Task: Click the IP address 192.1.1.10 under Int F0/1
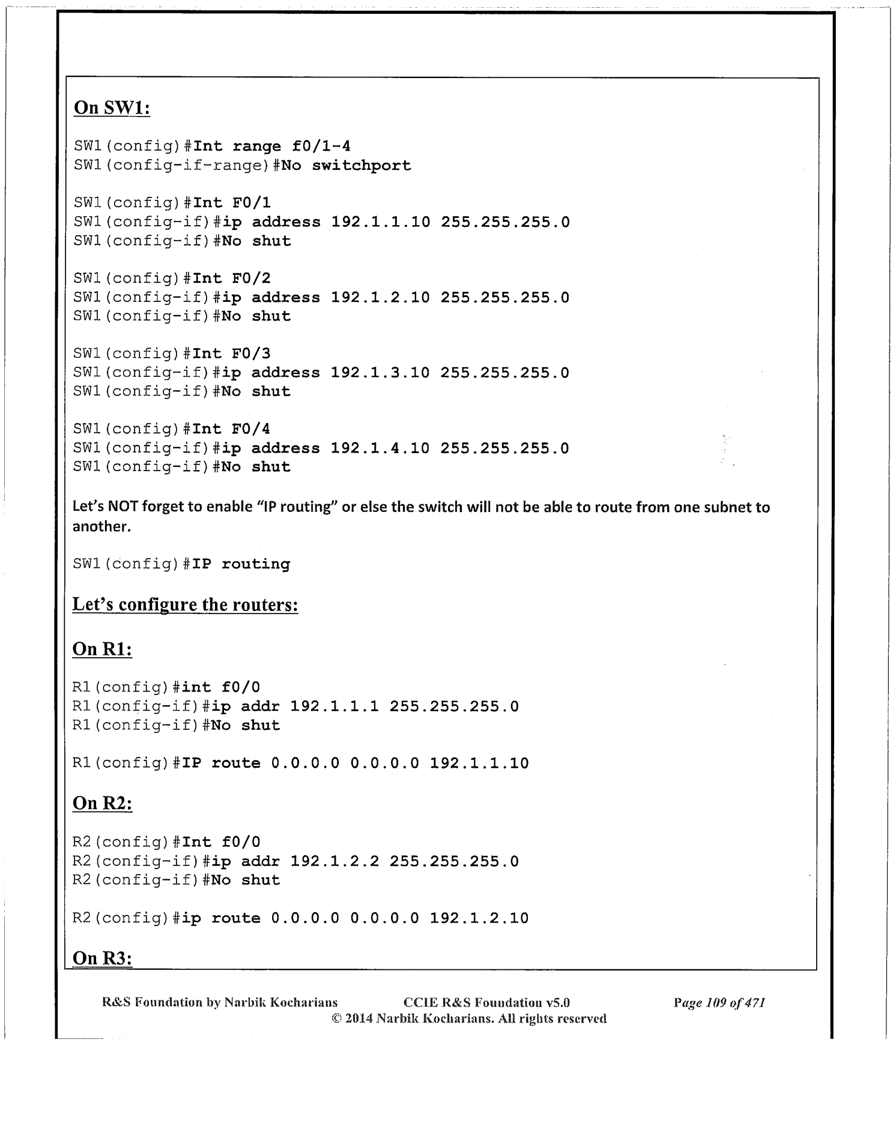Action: pyautogui.click(x=381, y=222)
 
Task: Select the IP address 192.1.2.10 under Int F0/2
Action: pyautogui.click(x=381, y=298)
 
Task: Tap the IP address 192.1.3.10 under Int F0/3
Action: pyautogui.click(x=381, y=373)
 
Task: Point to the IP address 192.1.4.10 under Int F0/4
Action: pyautogui.click(x=381, y=448)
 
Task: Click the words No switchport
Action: pyautogui.click(x=347, y=166)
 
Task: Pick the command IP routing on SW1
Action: pyautogui.click(x=241, y=564)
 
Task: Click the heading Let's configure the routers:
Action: pyautogui.click(x=185, y=604)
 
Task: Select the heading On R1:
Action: pyautogui.click(x=102, y=649)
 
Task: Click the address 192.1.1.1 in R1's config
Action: pyautogui.click(x=334, y=706)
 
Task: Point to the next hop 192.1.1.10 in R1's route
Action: pyautogui.click(x=479, y=763)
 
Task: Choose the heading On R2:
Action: pyautogui.click(x=102, y=803)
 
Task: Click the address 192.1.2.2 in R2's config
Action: pyautogui.click(x=334, y=861)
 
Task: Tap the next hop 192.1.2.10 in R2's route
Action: pyautogui.click(x=479, y=918)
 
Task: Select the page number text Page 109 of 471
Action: pyautogui.click(x=719, y=1002)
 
